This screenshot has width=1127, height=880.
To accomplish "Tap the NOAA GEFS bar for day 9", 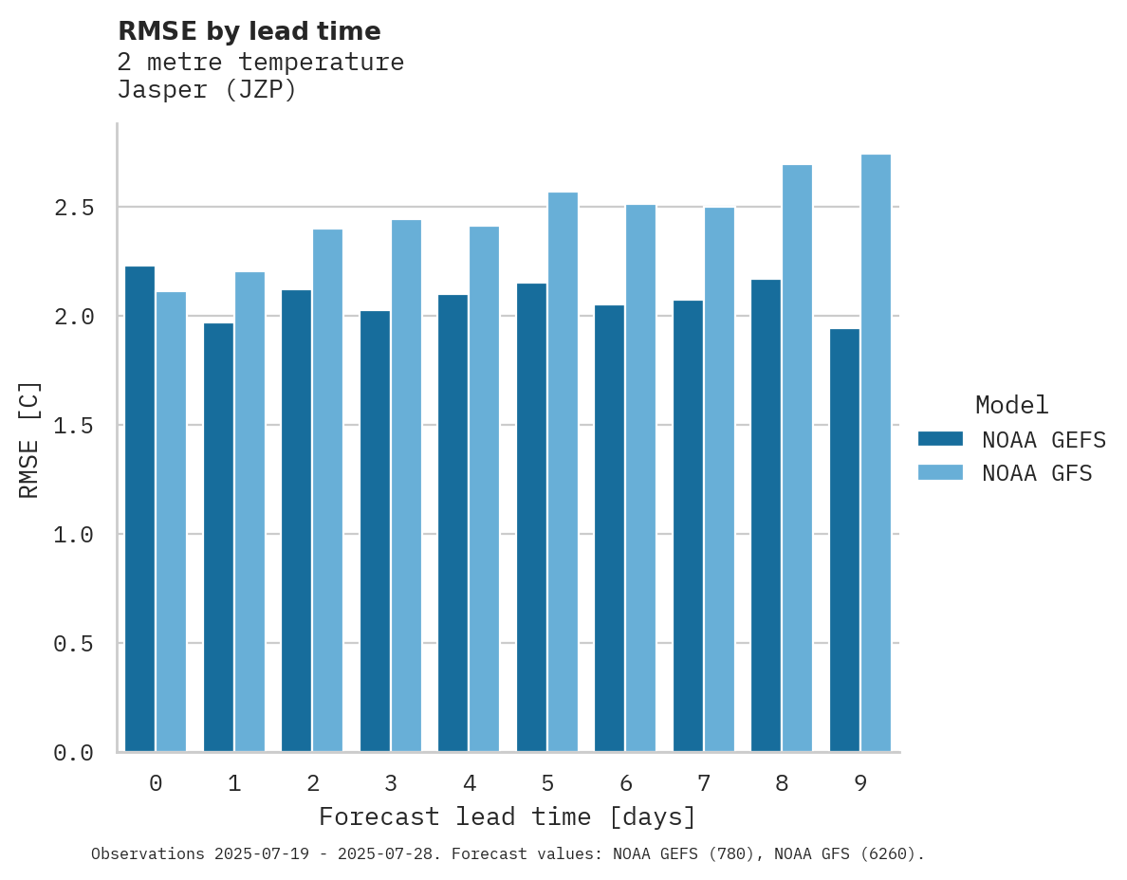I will pos(844,541).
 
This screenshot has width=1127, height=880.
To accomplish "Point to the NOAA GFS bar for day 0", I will pos(171,522).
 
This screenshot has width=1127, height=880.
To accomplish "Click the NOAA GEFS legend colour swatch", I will pos(940,439).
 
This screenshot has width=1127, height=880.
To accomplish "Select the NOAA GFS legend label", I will pos(1037,473).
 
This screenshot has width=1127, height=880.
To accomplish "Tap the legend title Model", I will pos(1011,405).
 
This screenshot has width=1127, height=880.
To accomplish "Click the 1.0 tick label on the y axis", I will pos(74,535).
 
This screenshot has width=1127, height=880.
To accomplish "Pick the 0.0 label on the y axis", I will pos(74,753).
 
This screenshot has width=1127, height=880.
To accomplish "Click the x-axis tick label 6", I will pos(625,783).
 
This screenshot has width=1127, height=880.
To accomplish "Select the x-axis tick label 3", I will pos(391,783).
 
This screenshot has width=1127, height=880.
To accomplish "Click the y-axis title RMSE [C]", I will pos(29,439).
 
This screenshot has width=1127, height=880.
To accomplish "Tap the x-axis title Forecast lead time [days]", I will pos(508,816).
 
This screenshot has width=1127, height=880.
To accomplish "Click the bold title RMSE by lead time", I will pos(249,31).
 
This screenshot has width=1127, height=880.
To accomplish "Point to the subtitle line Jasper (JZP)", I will pos(207,90).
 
